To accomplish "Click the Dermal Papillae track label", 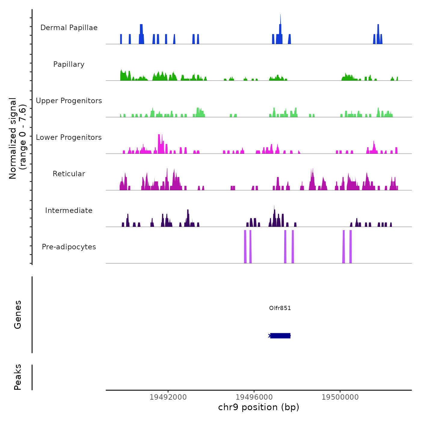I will [x=69, y=28].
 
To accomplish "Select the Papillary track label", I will [x=69, y=64].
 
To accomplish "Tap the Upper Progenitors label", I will [x=69, y=101].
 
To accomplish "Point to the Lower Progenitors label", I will [x=69, y=137].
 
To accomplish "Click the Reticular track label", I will [x=69, y=174].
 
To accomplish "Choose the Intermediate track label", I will [x=69, y=210].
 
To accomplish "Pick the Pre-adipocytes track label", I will [x=69, y=247].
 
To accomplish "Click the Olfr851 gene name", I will [x=280, y=308].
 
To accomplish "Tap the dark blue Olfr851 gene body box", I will [x=280, y=336].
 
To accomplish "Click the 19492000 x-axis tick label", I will [x=168, y=397].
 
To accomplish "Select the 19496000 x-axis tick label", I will [x=254, y=397].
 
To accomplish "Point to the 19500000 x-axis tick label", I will [x=340, y=397].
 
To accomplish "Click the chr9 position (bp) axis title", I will [x=259, y=407].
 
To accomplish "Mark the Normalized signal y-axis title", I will [x=17, y=138].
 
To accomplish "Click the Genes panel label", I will [x=18, y=315].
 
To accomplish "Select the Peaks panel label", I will [x=18, y=377].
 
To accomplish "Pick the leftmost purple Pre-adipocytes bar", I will [x=245, y=247].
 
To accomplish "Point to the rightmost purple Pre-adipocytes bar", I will [x=351, y=247].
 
